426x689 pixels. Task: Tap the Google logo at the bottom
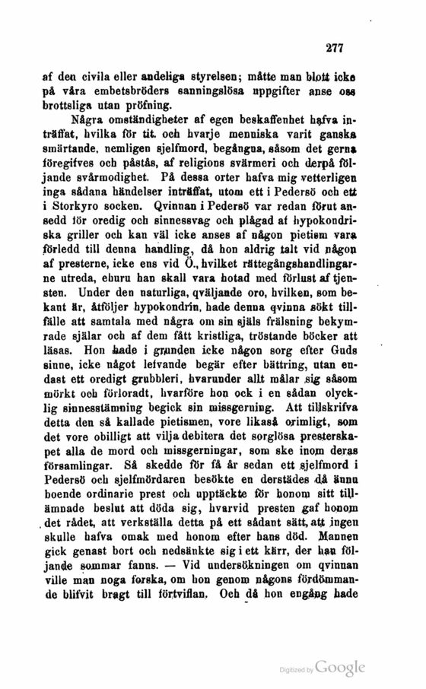click(x=339, y=667)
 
